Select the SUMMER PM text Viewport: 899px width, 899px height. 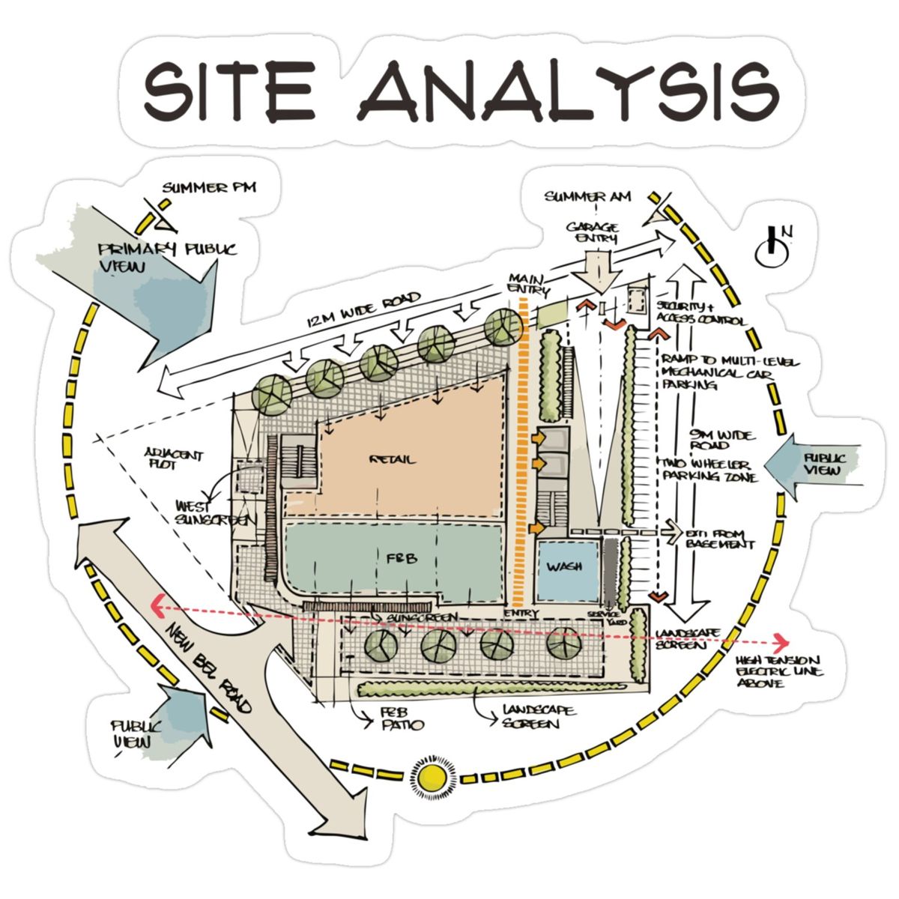click(x=209, y=187)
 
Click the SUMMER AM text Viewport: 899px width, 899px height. click(x=587, y=197)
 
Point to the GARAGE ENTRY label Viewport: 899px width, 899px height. click(x=592, y=232)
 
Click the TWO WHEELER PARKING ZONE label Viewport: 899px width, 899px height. click(x=708, y=470)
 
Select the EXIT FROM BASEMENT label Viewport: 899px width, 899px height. click(x=719, y=539)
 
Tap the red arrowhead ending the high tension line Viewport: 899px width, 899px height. click(x=782, y=642)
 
